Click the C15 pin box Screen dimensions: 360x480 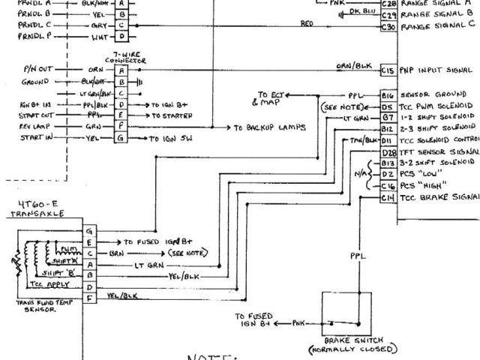pyautogui.click(x=388, y=69)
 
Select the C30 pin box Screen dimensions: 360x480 pyautogui.click(x=388, y=26)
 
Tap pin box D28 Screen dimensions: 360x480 pyautogui.click(x=388, y=151)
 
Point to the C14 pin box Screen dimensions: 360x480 pyautogui.click(x=388, y=196)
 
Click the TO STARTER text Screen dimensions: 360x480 pyautogui.click(x=171, y=116)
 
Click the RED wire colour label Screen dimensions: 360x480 pyautogui.click(x=307, y=23)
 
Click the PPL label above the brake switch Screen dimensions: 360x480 pyautogui.click(x=358, y=256)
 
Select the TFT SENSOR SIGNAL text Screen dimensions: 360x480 pyautogui.click(x=439, y=151)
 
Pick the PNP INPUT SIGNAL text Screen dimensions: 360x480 pyautogui.click(x=438, y=70)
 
